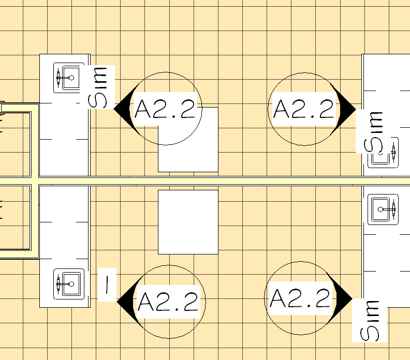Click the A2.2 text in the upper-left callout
pos(165,110)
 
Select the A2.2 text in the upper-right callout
pos(303,109)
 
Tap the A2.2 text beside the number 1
pos(168,301)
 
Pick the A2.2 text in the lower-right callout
pos(300,298)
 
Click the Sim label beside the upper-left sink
pos(99,87)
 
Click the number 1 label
pos(107,283)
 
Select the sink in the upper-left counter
pos(69,78)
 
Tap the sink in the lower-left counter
pos(69,283)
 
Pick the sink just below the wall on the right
pos(383,209)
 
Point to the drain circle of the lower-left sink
pos(71,283)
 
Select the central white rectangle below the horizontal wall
pos(188,222)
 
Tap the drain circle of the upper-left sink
pos(71,77)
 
